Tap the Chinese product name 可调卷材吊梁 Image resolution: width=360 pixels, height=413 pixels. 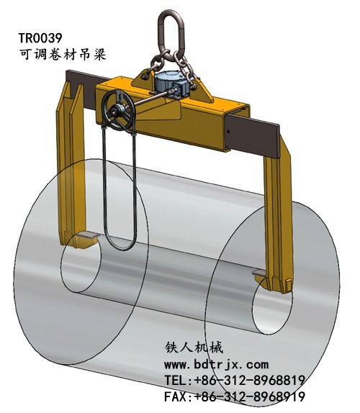tap(60, 55)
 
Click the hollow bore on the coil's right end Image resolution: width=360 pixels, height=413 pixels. tap(270, 317)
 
